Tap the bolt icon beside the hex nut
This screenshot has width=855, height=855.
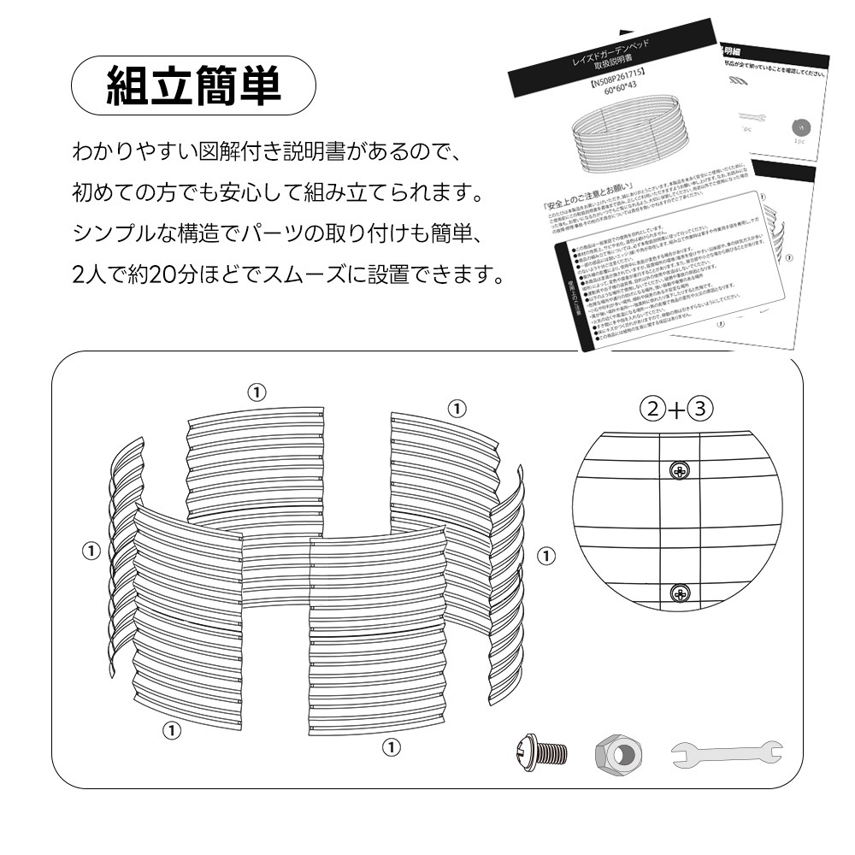(x=541, y=752)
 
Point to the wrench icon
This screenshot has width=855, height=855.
(x=726, y=752)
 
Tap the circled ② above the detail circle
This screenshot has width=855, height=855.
(x=654, y=409)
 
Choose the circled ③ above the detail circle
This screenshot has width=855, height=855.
(x=700, y=409)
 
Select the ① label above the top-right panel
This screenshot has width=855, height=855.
(x=458, y=407)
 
